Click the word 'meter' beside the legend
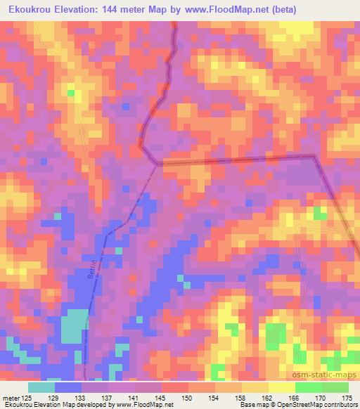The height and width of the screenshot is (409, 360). coord(11,398)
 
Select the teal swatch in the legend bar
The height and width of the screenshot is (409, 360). coord(41,387)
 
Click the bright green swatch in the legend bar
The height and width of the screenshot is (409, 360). coord(308,387)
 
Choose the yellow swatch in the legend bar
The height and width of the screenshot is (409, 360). coord(255,387)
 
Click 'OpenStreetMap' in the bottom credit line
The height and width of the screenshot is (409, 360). coord(295,405)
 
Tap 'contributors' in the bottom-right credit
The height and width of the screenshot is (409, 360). coord(340,405)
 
